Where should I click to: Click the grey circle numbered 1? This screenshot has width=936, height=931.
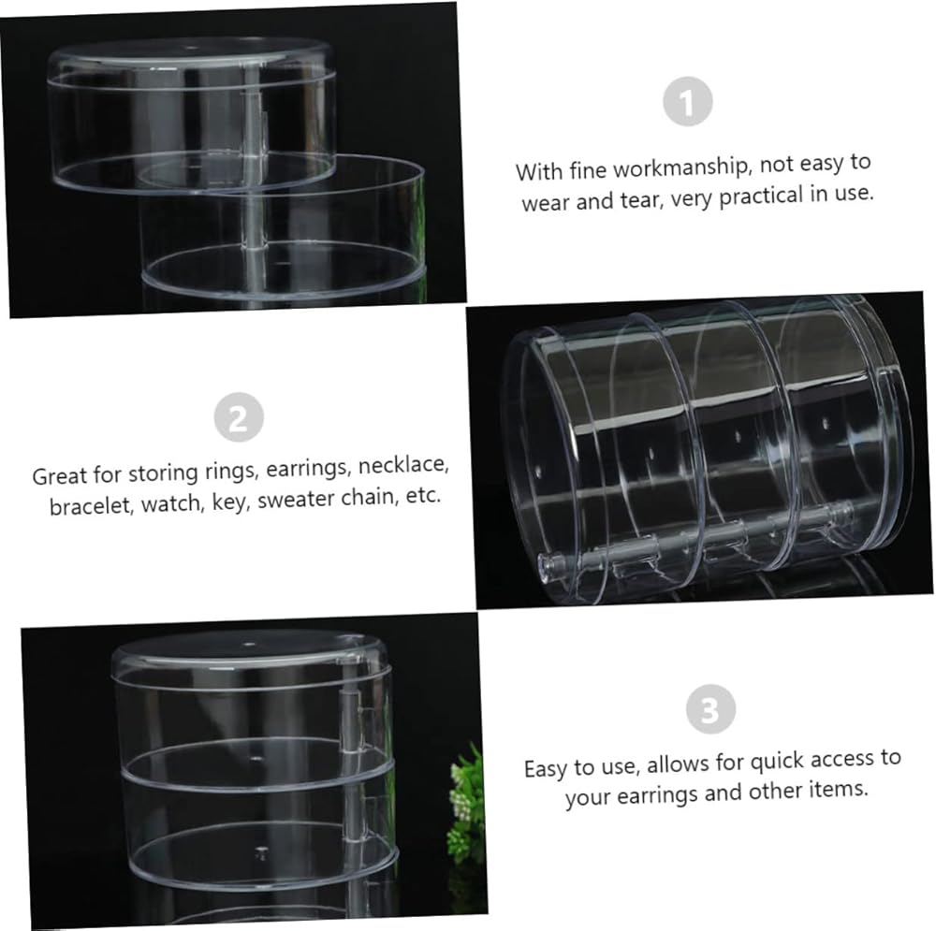688,101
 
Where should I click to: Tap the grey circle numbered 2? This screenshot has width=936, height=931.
239,417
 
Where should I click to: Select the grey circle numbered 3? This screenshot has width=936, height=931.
710,709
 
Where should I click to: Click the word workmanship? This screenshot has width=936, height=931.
680,167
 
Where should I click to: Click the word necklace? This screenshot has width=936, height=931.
402,466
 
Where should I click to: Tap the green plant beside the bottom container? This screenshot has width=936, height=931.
466,800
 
